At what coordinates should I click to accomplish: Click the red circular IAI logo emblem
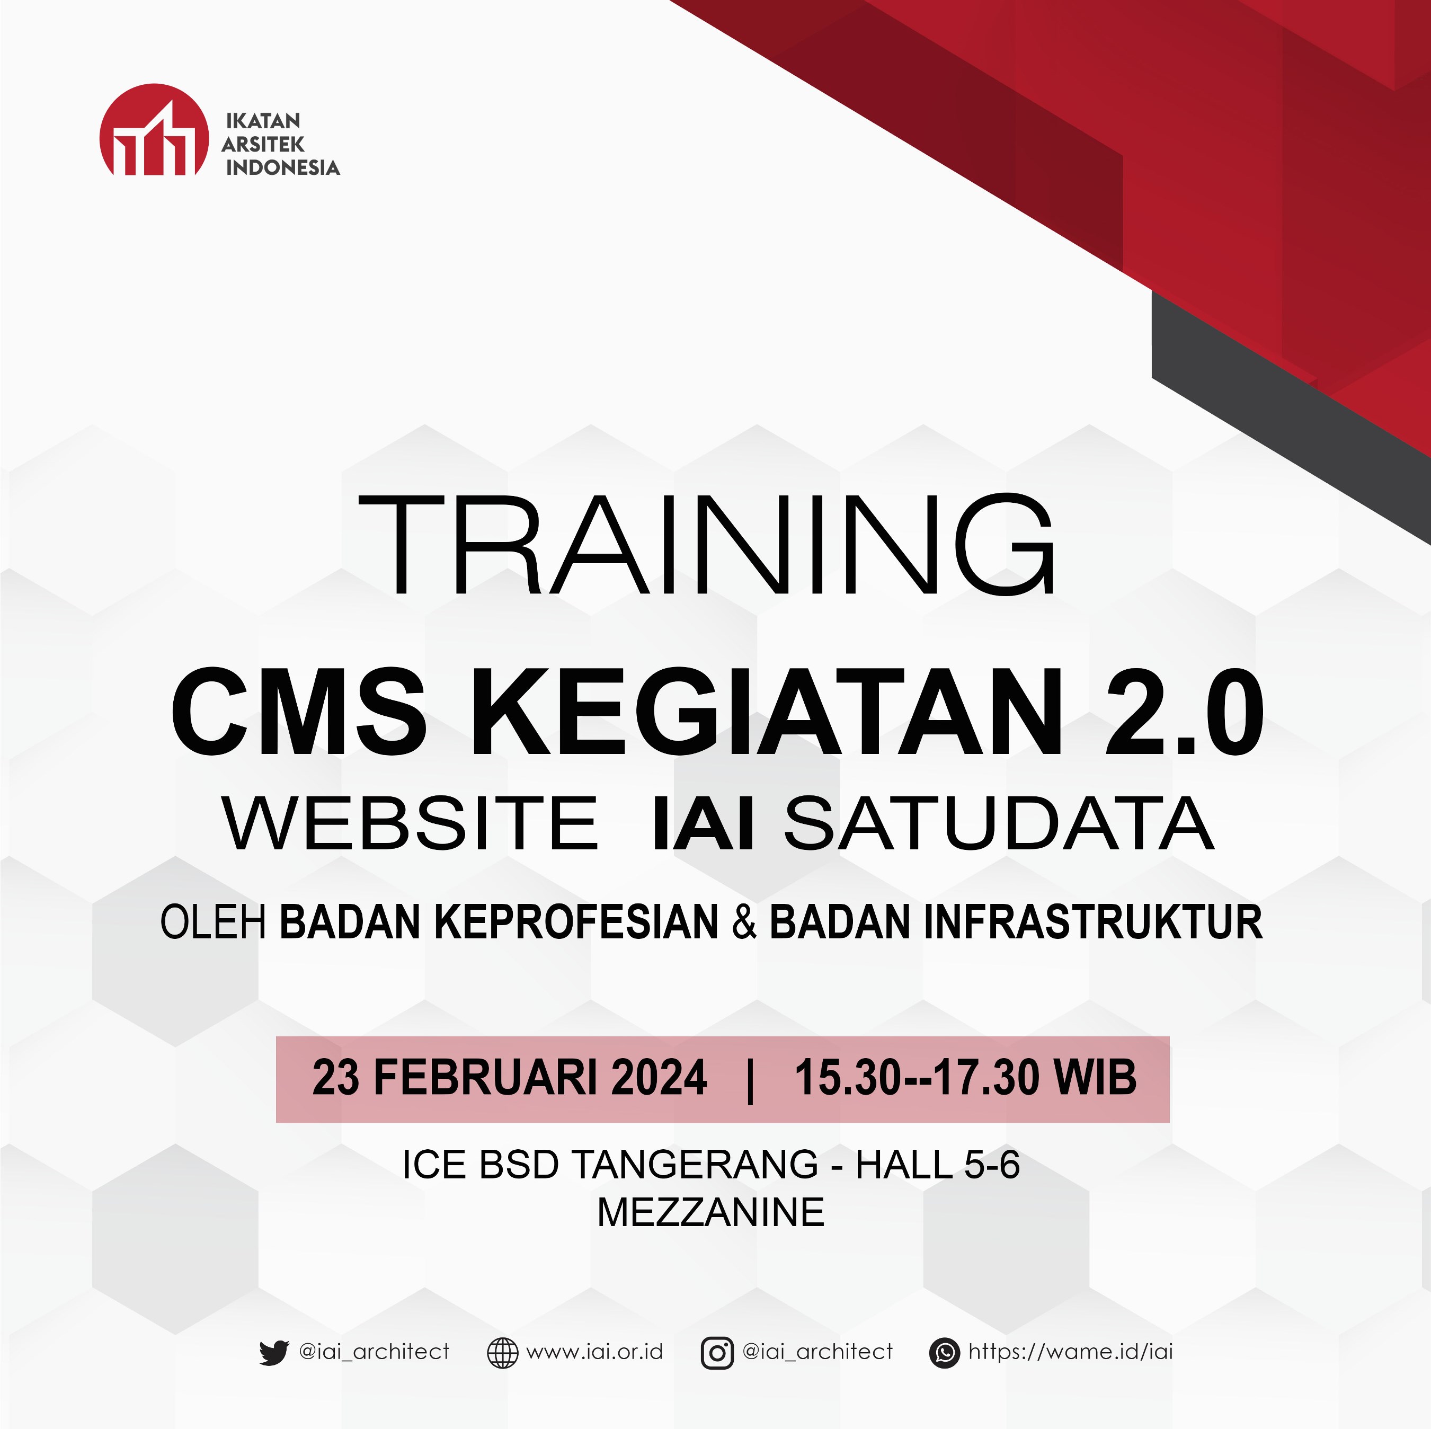pos(154,130)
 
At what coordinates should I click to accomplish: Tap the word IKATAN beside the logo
pos(263,121)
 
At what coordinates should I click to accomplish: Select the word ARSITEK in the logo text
pos(263,145)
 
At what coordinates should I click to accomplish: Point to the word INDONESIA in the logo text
pos(282,167)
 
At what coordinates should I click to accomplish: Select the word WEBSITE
pos(411,824)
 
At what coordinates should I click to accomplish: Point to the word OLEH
pos(214,922)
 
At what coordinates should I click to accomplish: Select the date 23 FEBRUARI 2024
pos(510,1077)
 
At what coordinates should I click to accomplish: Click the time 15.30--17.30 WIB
pos(965,1077)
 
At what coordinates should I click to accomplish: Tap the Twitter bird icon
pos(273,1352)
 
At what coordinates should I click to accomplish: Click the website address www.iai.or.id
pos(594,1352)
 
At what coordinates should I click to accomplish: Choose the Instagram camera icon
pos(717,1353)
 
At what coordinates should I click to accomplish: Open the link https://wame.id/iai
pos(1070,1352)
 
